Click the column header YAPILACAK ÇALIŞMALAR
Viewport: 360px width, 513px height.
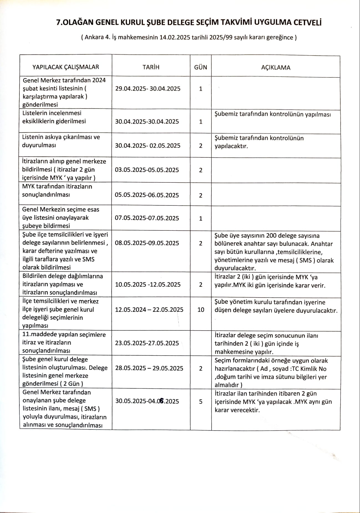[66, 67]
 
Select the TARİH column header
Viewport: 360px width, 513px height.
[151, 67]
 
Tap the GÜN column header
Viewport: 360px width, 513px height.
[201, 67]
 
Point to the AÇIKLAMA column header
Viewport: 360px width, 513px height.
[276, 67]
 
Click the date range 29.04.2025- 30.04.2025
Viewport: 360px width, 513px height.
[148, 89]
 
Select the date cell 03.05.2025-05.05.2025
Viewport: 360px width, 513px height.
[147, 170]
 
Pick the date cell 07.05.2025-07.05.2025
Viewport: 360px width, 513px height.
[147, 218]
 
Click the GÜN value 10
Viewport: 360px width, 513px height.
[201, 310]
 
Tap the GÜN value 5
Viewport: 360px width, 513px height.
[201, 401]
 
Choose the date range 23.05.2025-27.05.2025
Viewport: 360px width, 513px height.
[147, 343]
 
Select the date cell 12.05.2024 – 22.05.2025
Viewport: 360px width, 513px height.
[149, 310]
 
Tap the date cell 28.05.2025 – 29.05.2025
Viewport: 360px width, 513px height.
[149, 368]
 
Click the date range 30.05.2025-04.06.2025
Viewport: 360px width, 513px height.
[147, 401]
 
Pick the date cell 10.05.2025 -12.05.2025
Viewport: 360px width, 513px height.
[148, 285]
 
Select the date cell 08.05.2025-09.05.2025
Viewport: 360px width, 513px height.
[147, 243]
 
